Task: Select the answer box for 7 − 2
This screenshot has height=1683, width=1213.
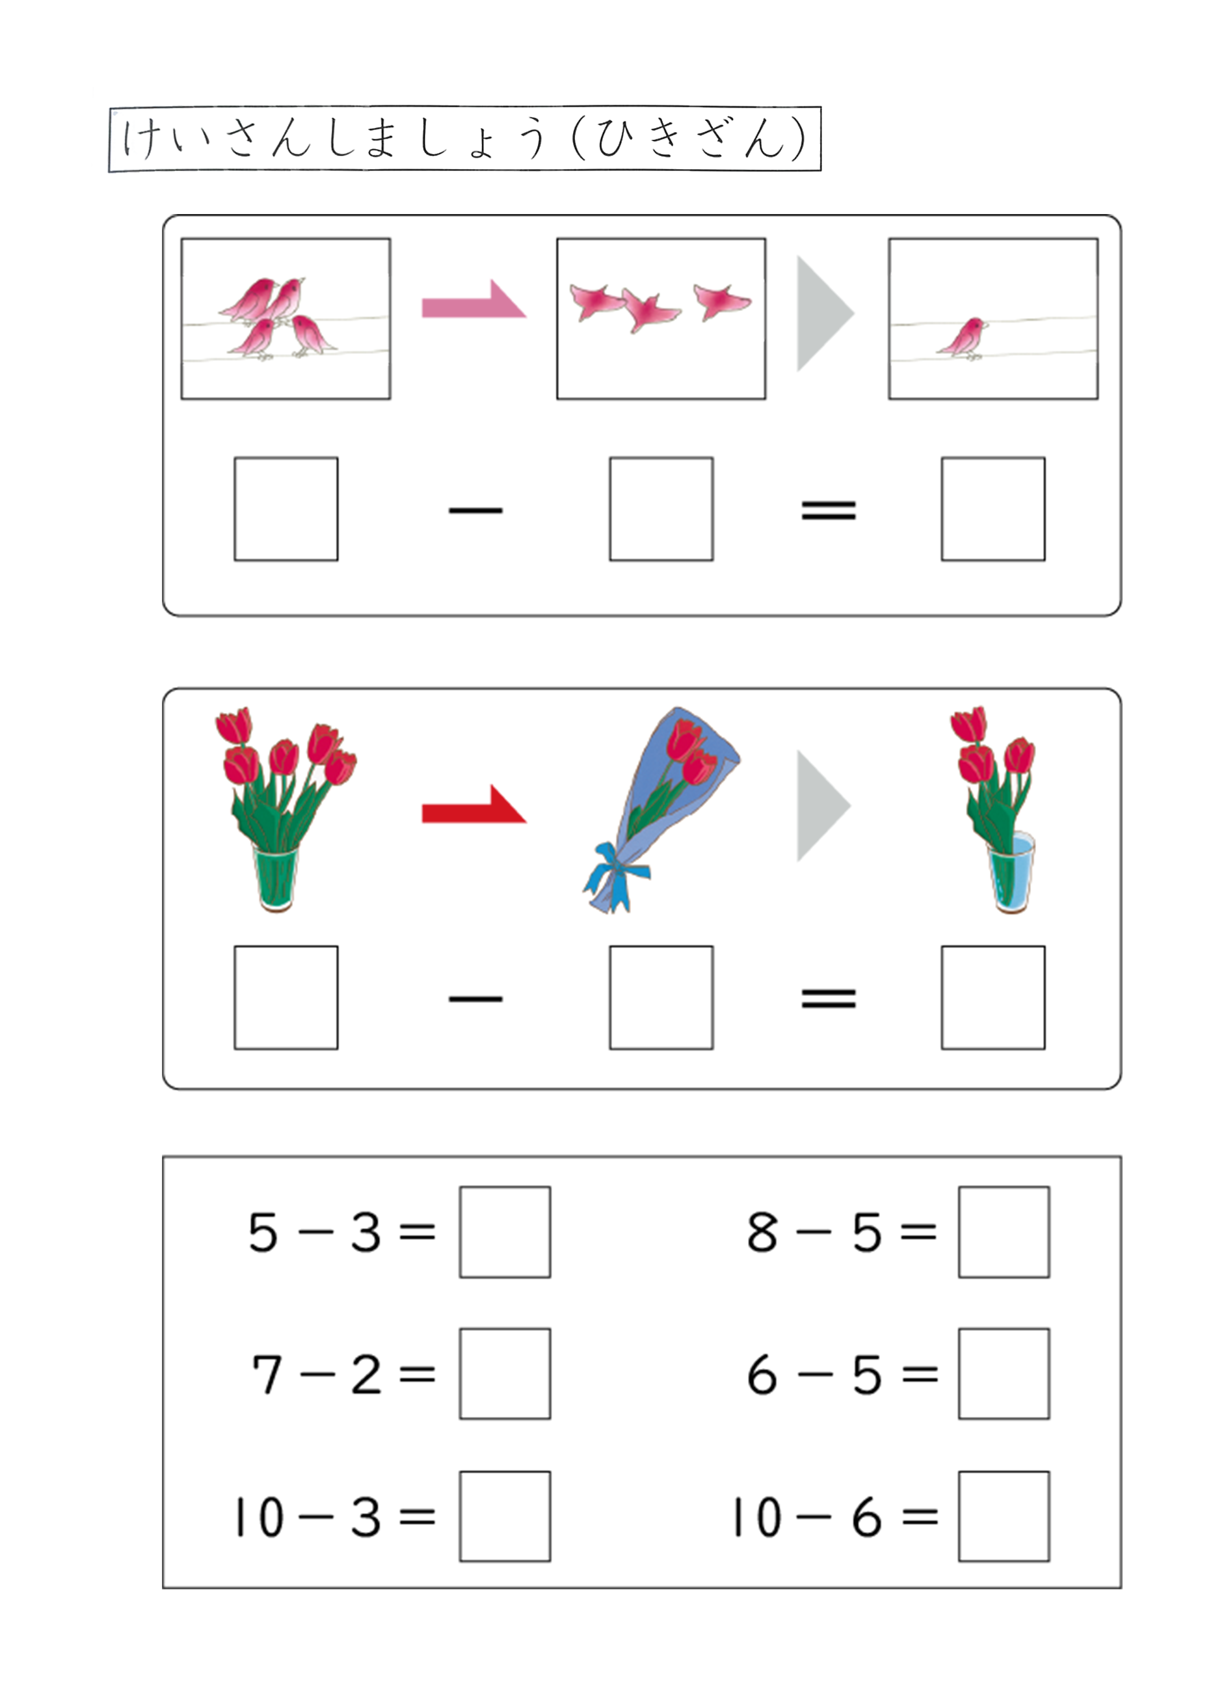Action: pos(505,1373)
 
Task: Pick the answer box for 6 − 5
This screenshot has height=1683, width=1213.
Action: pos(1004,1373)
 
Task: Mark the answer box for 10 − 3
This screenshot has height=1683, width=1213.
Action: pos(505,1516)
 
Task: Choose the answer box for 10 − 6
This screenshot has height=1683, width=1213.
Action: pos(1004,1516)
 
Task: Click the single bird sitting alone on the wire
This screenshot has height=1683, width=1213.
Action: pos(963,338)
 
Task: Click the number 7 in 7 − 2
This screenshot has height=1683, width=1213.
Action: pos(267,1374)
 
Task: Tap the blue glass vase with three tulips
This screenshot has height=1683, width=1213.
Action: pos(1011,872)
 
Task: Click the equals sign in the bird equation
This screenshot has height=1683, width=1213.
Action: pos(829,510)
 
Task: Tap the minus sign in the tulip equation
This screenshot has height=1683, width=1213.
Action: pos(475,999)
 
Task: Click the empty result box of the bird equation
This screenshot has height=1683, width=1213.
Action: pos(993,509)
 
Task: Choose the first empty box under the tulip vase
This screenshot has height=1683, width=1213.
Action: pos(286,997)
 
